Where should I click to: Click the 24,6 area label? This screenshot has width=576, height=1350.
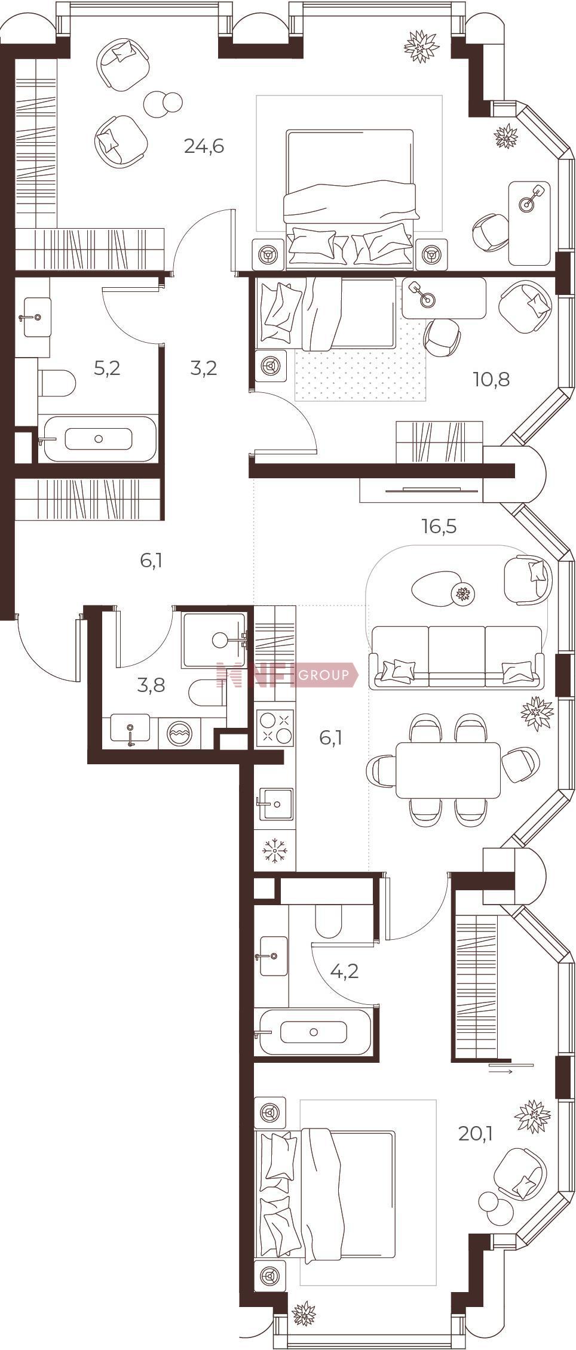[x=204, y=146]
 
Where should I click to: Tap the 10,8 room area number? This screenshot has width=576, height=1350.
[x=491, y=379]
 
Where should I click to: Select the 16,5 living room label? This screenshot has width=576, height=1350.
[x=439, y=527]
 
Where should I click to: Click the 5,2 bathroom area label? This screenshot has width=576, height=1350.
[x=108, y=368]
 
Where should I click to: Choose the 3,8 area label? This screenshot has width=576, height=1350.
[x=151, y=685]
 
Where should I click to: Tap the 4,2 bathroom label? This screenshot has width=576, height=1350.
[x=345, y=971]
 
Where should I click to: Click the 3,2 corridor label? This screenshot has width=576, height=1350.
[x=203, y=368]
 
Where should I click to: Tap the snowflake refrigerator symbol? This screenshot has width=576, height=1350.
[x=275, y=848]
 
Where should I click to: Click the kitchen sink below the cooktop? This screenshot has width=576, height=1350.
[x=275, y=804]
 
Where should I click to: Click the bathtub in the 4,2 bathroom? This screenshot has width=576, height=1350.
[x=312, y=1032]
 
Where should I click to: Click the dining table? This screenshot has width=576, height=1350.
[x=448, y=770]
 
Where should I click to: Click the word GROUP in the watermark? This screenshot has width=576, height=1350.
[x=323, y=675]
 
